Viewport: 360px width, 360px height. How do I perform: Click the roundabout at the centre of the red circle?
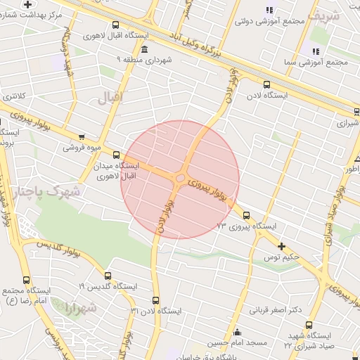[181, 179]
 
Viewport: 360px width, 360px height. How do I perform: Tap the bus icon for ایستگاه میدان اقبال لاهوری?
[116, 155]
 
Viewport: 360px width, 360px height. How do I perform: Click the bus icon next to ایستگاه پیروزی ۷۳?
[246, 216]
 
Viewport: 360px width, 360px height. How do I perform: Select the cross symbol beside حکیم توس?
[282, 246]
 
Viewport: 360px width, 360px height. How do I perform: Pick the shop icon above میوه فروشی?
[82, 137]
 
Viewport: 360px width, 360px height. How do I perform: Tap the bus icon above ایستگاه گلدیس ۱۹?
[108, 276]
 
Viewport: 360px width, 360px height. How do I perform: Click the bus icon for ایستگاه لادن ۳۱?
[156, 300]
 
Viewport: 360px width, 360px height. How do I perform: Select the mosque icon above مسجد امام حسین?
[237, 333]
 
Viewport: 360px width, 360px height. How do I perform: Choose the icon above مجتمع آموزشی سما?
[315, 51]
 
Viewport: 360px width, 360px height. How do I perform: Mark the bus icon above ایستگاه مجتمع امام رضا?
[27, 279]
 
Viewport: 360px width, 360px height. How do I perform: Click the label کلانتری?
[13, 96]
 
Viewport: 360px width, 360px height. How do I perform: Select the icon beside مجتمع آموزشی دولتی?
[269, 9]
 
